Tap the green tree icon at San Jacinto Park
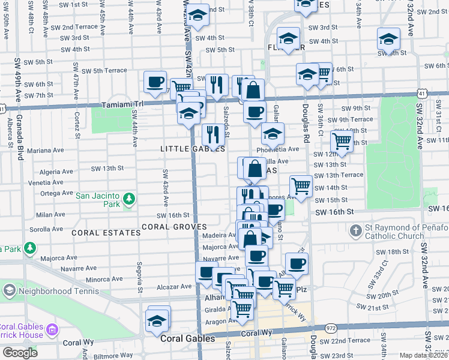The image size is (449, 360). pos(128,199)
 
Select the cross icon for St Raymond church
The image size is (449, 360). pos(355,230)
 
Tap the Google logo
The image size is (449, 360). pos(20,353)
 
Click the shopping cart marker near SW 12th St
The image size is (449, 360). pos(342,142)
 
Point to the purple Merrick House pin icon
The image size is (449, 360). pos(52,329)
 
